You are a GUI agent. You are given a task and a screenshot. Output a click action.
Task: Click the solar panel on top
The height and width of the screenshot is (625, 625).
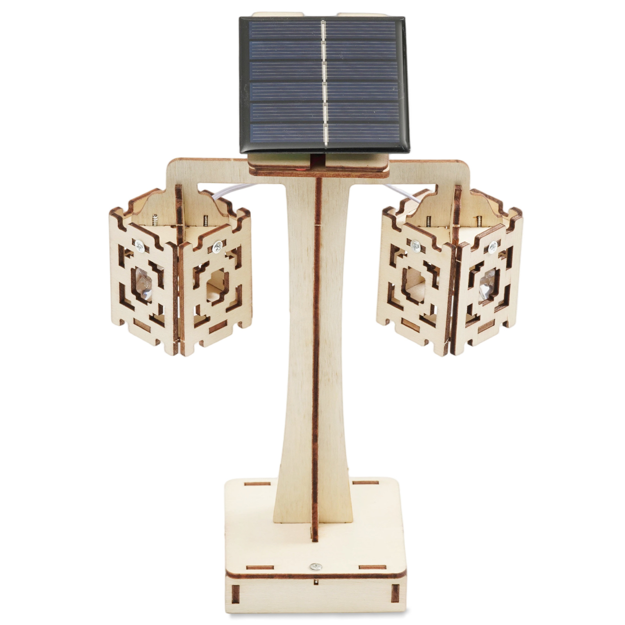tap(324, 84)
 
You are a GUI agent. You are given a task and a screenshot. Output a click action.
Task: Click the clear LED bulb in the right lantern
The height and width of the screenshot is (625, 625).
tap(487, 284)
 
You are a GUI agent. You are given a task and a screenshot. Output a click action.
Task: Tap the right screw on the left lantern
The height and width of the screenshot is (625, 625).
tap(217, 246)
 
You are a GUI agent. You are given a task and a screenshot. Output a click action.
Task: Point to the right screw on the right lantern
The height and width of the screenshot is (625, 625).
tap(493, 246)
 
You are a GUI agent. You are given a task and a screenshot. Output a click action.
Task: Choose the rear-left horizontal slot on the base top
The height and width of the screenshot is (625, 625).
tap(257, 484)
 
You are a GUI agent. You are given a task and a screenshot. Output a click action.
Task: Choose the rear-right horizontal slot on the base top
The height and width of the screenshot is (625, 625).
tap(365, 482)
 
